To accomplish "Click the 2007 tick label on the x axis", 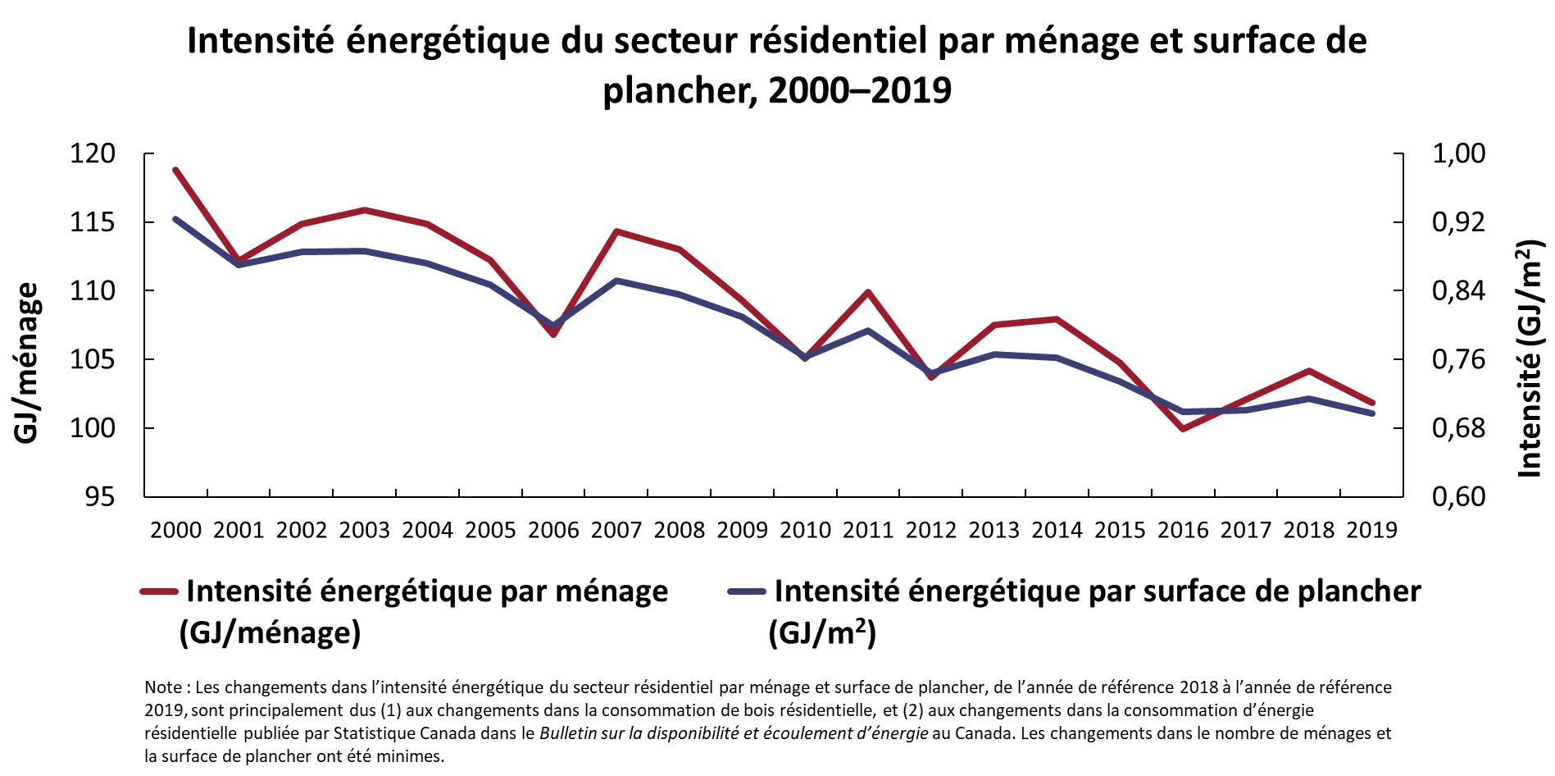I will click(x=616, y=530).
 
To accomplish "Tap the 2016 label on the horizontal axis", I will click(x=1183, y=530).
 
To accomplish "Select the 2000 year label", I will click(x=175, y=530).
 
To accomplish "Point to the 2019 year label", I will click(x=1371, y=530).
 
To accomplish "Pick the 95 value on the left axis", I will click(x=99, y=496).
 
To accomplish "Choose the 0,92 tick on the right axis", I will click(x=1458, y=222).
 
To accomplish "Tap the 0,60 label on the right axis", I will click(x=1458, y=496).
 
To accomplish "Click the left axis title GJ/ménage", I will click(x=27, y=363).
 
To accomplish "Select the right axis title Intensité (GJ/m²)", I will click(x=1530, y=358).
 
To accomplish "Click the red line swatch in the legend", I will click(x=159, y=591).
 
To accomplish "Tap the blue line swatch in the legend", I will click(x=747, y=591).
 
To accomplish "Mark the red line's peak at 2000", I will click(x=175, y=170).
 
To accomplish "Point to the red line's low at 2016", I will click(x=1183, y=428).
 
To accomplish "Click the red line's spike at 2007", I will click(x=616, y=231).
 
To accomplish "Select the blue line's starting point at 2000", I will click(x=175, y=219).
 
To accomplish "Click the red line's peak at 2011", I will click(x=868, y=292).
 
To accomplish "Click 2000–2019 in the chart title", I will click(x=860, y=90).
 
